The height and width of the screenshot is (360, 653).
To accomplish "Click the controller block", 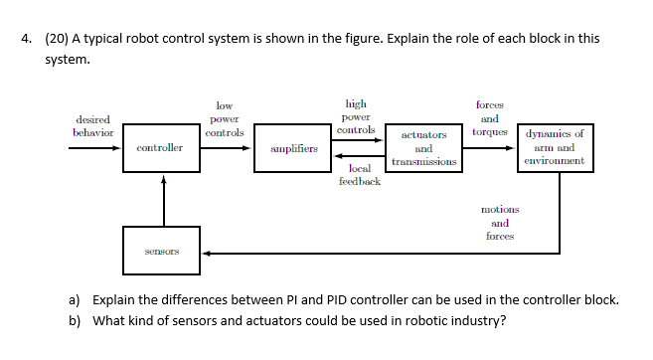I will (x=159, y=148).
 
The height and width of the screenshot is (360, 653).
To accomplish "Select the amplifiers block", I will (x=294, y=149).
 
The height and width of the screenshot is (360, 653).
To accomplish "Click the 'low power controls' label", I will (x=224, y=118).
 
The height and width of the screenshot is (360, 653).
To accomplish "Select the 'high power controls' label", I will (x=355, y=115).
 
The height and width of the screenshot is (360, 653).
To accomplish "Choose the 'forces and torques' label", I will (x=489, y=117).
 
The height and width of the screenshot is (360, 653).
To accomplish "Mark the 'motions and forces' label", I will (x=499, y=223).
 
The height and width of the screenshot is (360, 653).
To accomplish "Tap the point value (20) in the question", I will (x=57, y=39).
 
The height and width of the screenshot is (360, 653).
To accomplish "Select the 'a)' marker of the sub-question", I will (x=74, y=299).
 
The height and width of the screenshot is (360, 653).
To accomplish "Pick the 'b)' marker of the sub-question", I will (x=74, y=320).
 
